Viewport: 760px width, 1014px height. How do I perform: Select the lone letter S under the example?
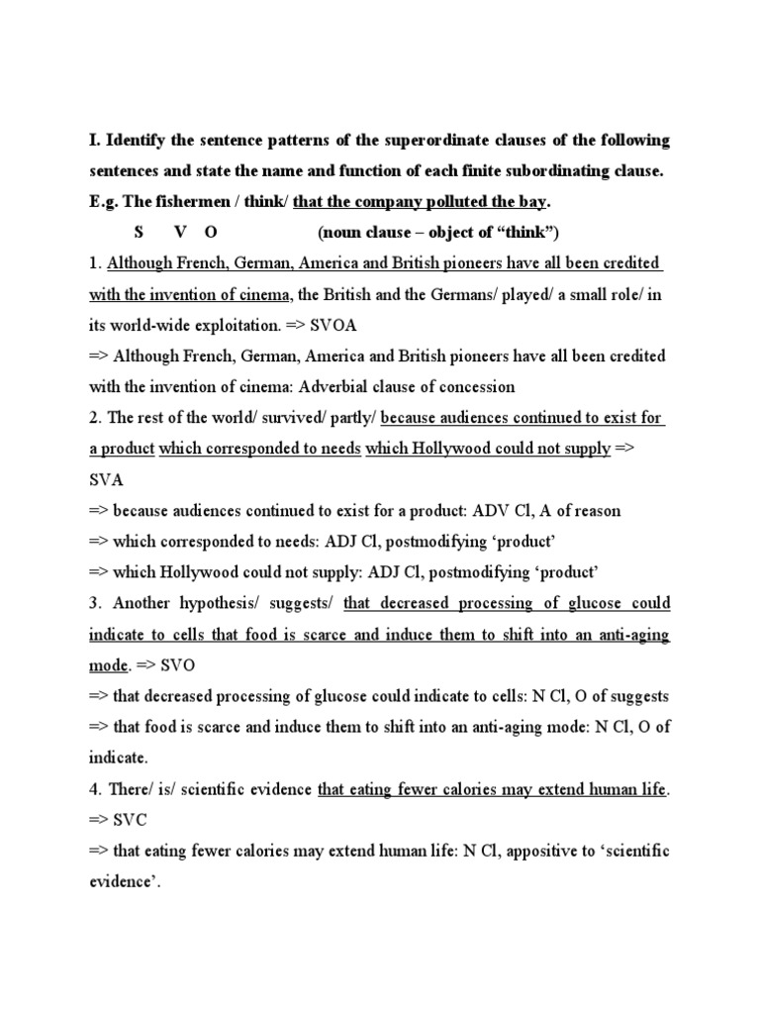pyautogui.click(x=139, y=233)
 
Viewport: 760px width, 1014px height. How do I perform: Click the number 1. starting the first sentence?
pyautogui.click(x=95, y=263)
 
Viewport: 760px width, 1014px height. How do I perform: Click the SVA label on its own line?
pyautogui.click(x=104, y=478)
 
